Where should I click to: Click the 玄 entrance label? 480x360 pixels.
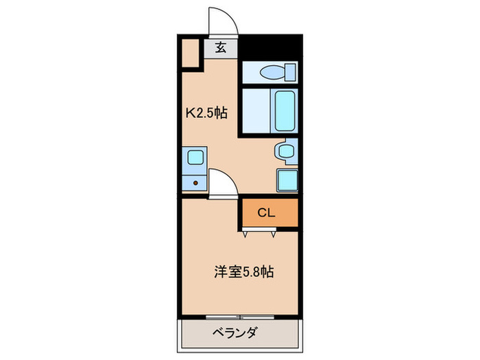pyautogui.click(x=221, y=48)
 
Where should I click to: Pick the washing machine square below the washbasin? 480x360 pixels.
pyautogui.click(x=287, y=180)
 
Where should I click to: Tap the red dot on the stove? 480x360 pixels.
pyautogui.click(x=196, y=183)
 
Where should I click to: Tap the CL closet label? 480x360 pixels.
pyautogui.click(x=266, y=213)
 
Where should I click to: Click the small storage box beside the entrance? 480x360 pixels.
pyautogui.click(x=189, y=53)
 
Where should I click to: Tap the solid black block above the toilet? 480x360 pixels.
pyautogui.click(x=270, y=47)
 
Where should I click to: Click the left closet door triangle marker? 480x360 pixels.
pyautogui.click(x=245, y=235)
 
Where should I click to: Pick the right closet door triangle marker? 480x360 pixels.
pyautogui.click(x=274, y=235)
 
